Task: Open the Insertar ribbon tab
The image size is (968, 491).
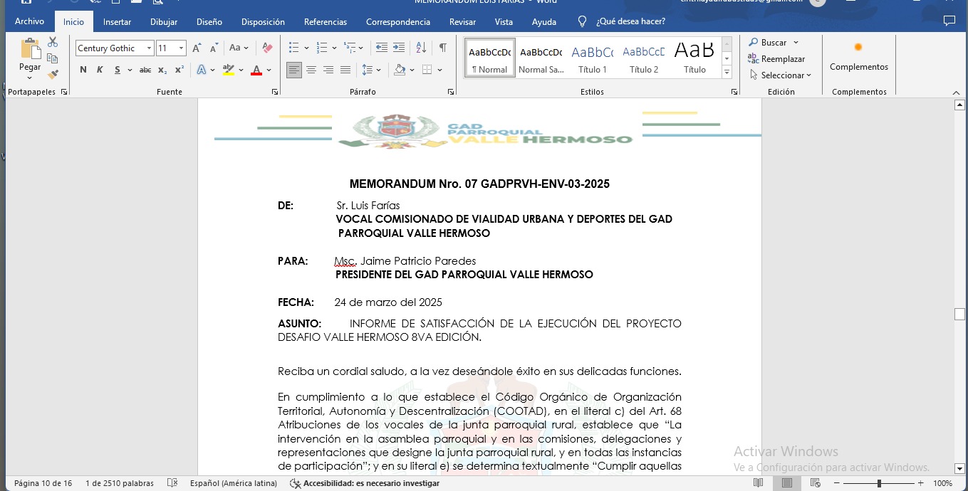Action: click(117, 22)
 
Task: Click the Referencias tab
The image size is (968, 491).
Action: click(326, 22)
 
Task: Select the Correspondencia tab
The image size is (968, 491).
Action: click(398, 22)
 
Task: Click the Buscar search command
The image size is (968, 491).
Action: click(774, 43)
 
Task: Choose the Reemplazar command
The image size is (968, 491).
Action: click(782, 59)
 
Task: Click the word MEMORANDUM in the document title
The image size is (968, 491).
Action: click(388, 184)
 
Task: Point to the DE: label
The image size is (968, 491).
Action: click(286, 206)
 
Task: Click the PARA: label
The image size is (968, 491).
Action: click(293, 261)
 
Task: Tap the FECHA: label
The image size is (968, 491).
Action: click(296, 302)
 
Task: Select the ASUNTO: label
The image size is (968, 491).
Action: click(299, 324)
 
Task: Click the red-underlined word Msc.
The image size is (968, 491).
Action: click(345, 261)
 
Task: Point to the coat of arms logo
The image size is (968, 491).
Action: click(388, 130)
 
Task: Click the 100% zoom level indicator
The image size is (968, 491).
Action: click(942, 483)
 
